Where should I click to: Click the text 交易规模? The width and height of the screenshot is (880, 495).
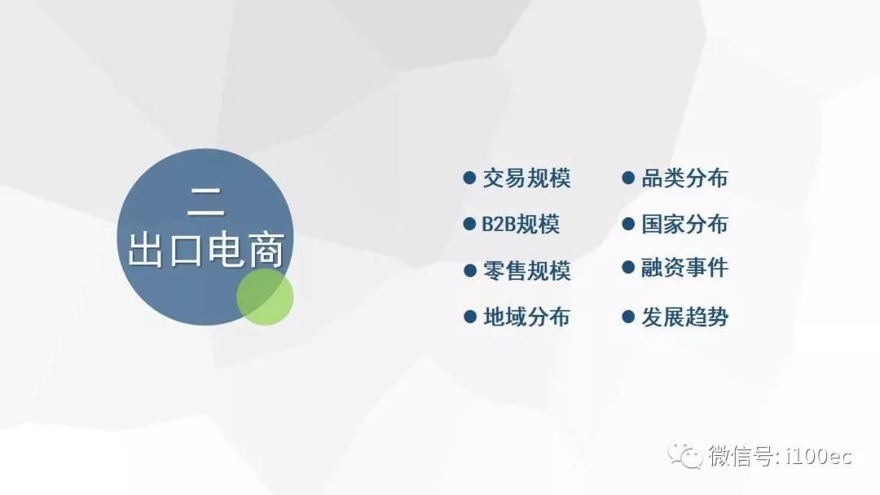click(x=527, y=178)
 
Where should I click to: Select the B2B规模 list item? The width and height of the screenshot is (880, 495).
click(x=521, y=224)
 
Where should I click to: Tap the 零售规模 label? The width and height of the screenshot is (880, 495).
click(x=527, y=271)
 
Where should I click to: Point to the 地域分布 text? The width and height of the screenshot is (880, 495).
click(x=527, y=317)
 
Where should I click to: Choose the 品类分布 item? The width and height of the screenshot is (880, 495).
click(x=684, y=178)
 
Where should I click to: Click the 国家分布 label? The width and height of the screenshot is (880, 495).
click(x=684, y=224)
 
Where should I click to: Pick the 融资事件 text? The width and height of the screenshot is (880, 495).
click(x=684, y=267)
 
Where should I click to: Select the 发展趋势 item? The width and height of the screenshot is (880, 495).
click(x=684, y=317)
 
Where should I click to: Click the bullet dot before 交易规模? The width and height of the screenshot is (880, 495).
click(x=470, y=178)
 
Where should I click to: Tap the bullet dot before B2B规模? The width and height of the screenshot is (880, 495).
click(x=470, y=224)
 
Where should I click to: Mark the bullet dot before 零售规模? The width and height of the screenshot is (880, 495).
click(x=470, y=271)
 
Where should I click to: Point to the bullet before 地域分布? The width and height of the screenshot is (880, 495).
click(x=470, y=317)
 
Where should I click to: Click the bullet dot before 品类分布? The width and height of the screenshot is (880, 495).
click(x=628, y=178)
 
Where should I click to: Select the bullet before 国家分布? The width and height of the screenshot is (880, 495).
click(x=628, y=224)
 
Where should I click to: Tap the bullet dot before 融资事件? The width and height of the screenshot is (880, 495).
click(x=628, y=267)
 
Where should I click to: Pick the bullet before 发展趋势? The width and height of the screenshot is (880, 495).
click(x=628, y=317)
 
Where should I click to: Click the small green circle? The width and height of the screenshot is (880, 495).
click(x=265, y=297)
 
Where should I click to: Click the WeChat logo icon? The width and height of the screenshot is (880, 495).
click(x=684, y=455)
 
